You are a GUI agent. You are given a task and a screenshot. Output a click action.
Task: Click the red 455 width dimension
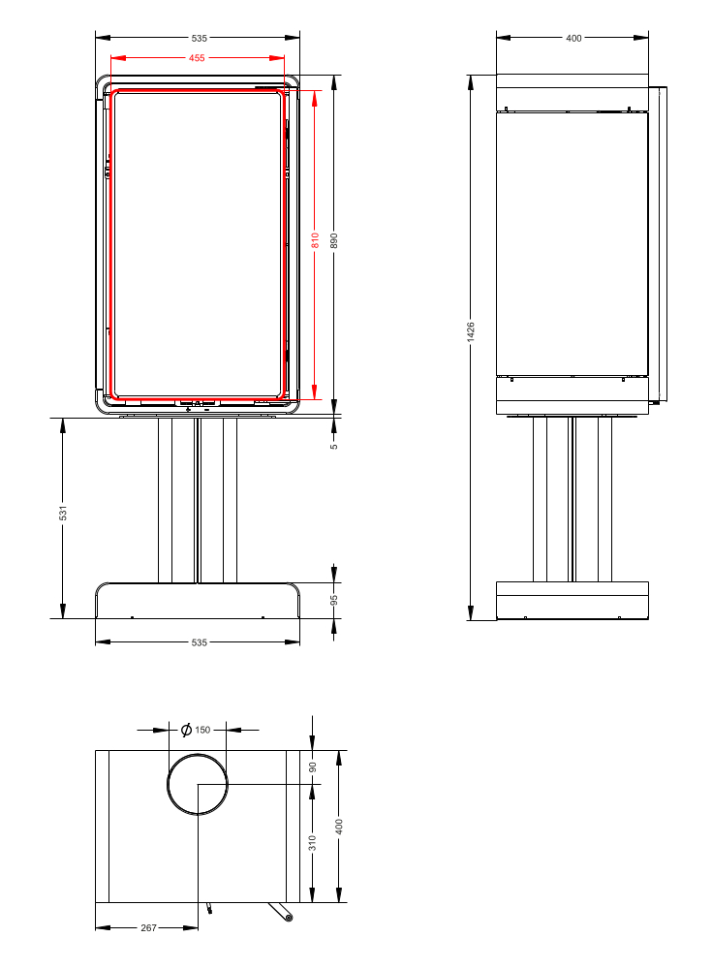pyautogui.click(x=197, y=58)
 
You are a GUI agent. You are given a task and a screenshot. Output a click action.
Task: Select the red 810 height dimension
pyautogui.click(x=315, y=240)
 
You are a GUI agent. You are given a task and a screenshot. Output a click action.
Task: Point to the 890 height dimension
pyautogui.click(x=334, y=241)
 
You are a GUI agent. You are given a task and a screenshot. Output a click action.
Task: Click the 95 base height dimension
pyautogui.click(x=334, y=600)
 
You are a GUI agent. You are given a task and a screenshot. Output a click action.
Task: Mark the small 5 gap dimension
pyautogui.click(x=334, y=446)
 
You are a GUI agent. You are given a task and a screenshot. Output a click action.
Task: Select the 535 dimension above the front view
pyautogui.click(x=199, y=38)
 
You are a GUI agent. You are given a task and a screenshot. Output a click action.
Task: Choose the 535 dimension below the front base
pyautogui.click(x=199, y=641)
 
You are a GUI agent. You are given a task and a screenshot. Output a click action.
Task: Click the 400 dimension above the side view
pyautogui.click(x=573, y=38)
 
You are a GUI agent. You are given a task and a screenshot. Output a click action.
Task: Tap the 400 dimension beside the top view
pyautogui.click(x=339, y=826)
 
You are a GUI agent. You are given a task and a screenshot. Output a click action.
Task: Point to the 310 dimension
pyautogui.click(x=312, y=843)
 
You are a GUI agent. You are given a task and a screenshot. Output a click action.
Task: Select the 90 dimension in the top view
pyautogui.click(x=312, y=766)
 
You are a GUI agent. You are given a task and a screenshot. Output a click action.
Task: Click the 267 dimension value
pyautogui.click(x=148, y=927)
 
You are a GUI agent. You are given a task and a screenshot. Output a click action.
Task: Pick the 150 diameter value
pyautogui.click(x=202, y=730)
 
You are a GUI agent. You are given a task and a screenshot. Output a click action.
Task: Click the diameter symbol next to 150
pyautogui.click(x=186, y=730)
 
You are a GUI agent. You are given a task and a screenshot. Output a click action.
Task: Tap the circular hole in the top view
pyautogui.click(x=198, y=785)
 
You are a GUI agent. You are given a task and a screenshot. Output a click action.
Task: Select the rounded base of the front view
pyautogui.click(x=198, y=601)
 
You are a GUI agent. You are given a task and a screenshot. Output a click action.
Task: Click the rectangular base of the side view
pyautogui.click(x=572, y=600)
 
